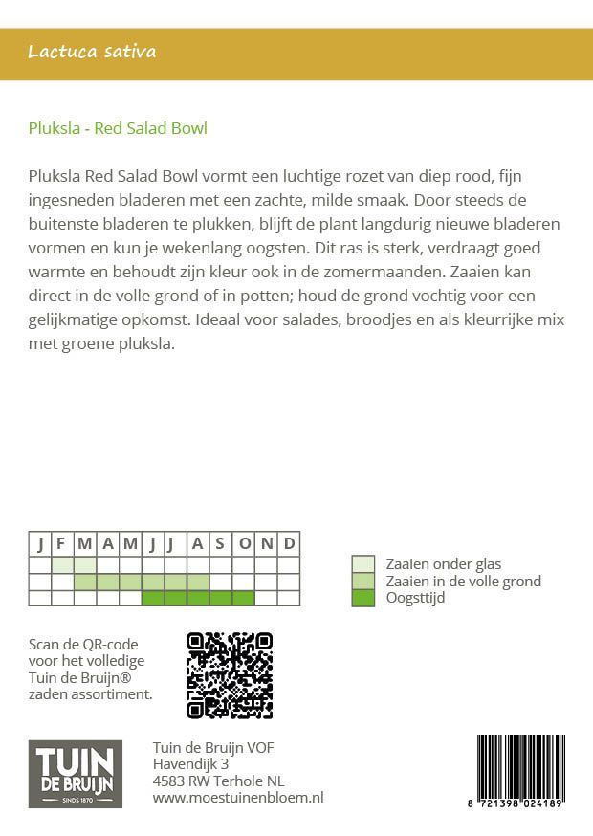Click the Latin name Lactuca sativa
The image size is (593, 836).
(x=92, y=52)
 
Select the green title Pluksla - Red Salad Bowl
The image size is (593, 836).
(x=119, y=128)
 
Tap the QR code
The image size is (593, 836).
(x=230, y=675)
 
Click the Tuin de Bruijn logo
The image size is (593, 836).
(x=76, y=774)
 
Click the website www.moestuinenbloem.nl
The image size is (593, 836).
(x=238, y=797)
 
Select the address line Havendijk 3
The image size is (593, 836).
(x=190, y=764)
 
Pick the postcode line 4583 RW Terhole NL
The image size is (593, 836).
(x=218, y=781)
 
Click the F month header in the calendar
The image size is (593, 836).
(x=62, y=543)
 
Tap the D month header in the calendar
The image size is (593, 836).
(x=289, y=543)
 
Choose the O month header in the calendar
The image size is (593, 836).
(x=244, y=543)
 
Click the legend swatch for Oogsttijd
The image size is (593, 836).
(x=362, y=598)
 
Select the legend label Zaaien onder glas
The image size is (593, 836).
(x=443, y=564)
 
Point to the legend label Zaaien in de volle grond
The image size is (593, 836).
(x=463, y=582)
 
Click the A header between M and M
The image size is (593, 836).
(x=108, y=543)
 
